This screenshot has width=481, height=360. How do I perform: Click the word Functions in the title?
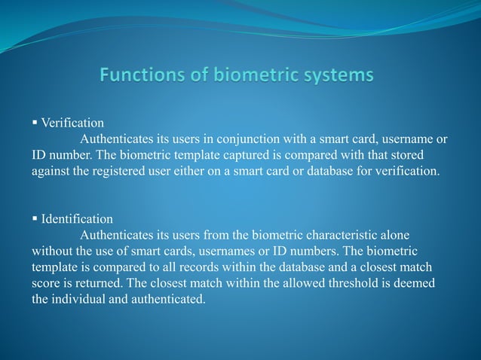[x=136, y=75]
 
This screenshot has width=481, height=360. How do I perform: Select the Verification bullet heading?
[x=72, y=122]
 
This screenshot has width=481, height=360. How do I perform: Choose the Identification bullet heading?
[x=77, y=219]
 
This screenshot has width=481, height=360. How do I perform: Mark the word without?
[x=52, y=252]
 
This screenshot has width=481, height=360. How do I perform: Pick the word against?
[x=51, y=171]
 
